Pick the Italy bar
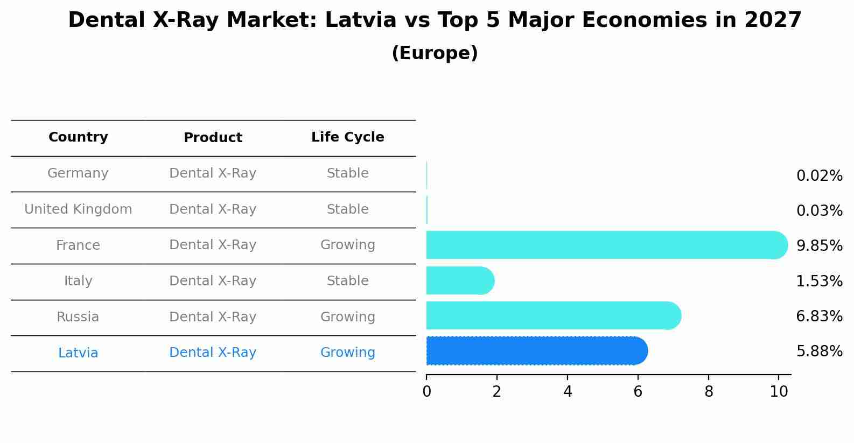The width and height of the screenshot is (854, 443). coord(460,280)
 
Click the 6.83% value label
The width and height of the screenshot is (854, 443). coord(819,317)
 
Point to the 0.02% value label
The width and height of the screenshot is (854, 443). coord(819,176)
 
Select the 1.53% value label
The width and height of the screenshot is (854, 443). coord(819,281)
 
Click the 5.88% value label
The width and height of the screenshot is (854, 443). coord(819,351)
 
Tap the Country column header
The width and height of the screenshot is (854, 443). coord(78,137)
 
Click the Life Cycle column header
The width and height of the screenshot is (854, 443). coord(347,137)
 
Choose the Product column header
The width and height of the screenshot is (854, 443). coord(213,138)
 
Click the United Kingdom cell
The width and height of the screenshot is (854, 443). coord(78,209)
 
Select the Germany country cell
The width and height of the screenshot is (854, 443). coord(78,173)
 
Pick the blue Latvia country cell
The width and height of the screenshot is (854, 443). coord(78,353)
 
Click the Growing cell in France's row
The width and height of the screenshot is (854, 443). coord(347,245)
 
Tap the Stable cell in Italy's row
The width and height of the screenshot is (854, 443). coord(347,281)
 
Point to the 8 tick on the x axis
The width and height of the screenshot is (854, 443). coord(709,392)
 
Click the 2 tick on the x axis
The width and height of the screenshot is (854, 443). coord(496,392)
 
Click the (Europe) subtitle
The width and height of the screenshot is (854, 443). coord(435,53)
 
